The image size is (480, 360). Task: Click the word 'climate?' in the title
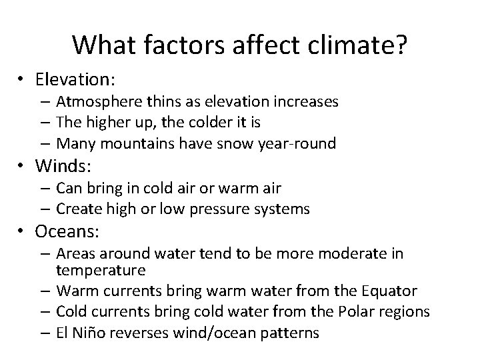click(357, 45)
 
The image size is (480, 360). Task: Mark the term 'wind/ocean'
click(213, 333)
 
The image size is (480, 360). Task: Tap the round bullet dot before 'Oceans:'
click(27, 232)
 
